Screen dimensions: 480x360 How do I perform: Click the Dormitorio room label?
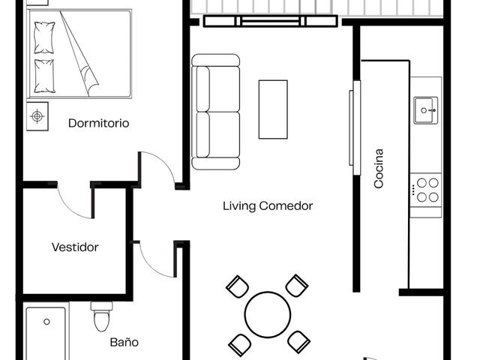[98, 123]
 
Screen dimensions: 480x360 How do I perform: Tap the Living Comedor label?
[268, 205]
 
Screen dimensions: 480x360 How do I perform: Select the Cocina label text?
[379, 168]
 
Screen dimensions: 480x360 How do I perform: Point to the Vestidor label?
[75, 247]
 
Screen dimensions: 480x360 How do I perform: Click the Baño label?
[124, 342]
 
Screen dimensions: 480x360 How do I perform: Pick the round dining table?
[268, 314]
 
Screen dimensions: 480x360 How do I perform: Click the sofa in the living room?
[215, 112]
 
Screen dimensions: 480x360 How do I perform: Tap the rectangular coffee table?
[273, 109]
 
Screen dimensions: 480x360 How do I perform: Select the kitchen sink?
[426, 110]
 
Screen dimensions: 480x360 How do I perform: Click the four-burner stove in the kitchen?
[426, 190]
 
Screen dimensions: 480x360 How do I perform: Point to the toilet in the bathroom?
[101, 316]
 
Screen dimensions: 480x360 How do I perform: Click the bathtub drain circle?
[46, 322]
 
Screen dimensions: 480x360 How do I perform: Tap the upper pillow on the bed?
[44, 37]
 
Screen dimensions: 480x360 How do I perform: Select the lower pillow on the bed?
[45, 76]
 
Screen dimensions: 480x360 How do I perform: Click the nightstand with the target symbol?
[37, 116]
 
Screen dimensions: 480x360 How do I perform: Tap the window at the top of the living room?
[271, 21]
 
